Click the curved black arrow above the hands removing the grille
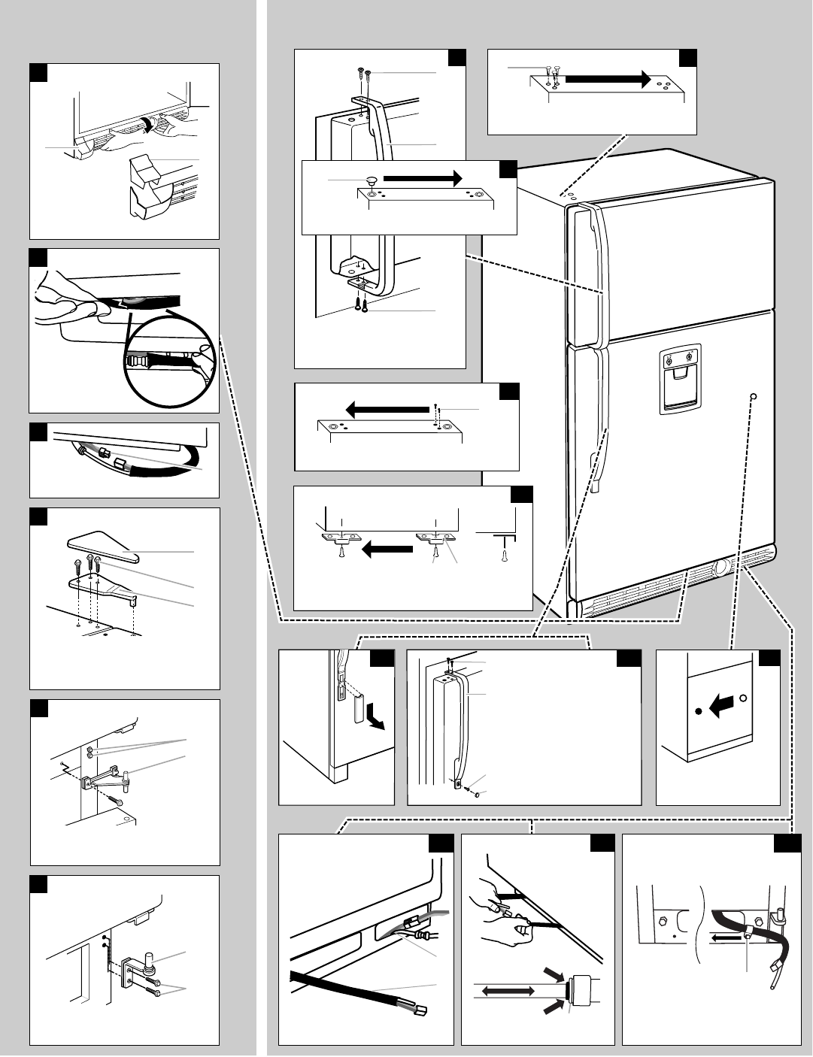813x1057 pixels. (x=157, y=123)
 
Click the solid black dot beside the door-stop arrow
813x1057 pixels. (x=699, y=709)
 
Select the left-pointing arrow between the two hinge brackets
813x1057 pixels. (x=387, y=550)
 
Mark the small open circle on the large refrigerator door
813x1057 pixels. (x=754, y=397)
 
